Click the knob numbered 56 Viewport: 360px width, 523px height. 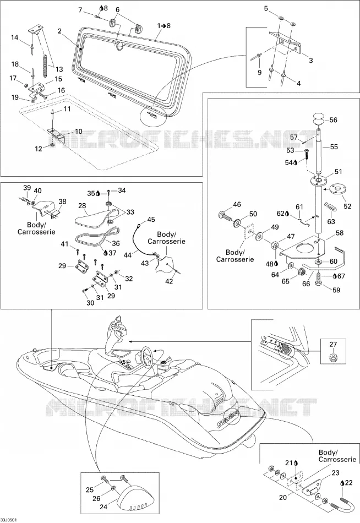[x=318, y=119]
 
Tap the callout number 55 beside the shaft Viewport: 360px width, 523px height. [x=334, y=147]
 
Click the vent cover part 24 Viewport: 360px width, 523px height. [x=133, y=500]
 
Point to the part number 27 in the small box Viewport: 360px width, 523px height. [x=333, y=344]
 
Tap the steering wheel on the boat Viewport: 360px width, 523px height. [x=147, y=356]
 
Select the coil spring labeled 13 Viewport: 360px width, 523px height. [x=46, y=61]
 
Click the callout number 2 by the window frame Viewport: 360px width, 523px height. [x=59, y=31]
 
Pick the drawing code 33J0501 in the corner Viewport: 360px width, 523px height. [x=9, y=520]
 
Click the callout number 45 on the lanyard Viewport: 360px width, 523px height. [x=151, y=220]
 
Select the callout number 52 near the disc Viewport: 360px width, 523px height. [x=347, y=206]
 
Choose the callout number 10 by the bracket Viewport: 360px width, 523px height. [x=78, y=132]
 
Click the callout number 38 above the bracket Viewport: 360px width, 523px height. [x=62, y=201]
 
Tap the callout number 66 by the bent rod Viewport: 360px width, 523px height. [x=306, y=284]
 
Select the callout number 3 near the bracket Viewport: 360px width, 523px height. [x=310, y=61]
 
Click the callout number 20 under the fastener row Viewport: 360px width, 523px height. [x=282, y=497]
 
